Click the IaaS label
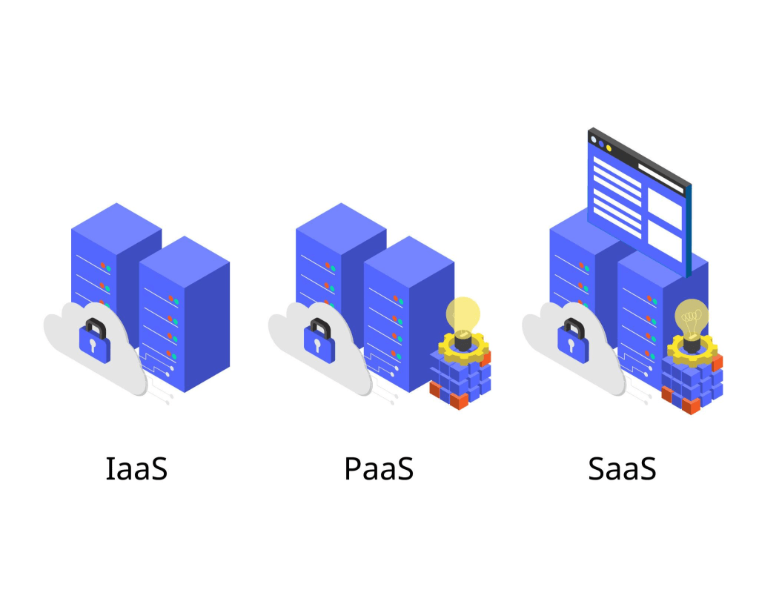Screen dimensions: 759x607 [136, 468]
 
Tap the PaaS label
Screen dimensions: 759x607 [379, 468]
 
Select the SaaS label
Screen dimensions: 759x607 [622, 468]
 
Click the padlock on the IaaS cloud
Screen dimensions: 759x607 [95, 341]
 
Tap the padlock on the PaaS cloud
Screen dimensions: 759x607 [319, 341]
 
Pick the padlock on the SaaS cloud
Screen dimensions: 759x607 [573, 341]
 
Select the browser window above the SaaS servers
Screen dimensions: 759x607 [640, 202]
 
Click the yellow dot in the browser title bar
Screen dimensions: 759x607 [609, 148]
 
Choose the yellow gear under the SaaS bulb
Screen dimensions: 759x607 [692, 350]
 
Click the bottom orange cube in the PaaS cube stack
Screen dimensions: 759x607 [460, 401]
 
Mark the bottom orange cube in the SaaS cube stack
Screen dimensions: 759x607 [692, 405]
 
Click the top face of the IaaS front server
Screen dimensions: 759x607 [185, 262]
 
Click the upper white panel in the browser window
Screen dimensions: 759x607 [665, 208]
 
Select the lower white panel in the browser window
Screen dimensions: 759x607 [665, 242]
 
